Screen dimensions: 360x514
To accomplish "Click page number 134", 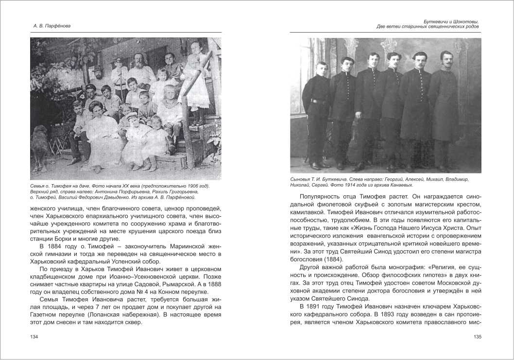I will point(34,337).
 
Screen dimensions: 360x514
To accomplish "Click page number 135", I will point(477,337).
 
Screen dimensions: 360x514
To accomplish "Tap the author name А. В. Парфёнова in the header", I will point(48,26).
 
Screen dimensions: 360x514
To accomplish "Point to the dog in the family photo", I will point(41,144).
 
